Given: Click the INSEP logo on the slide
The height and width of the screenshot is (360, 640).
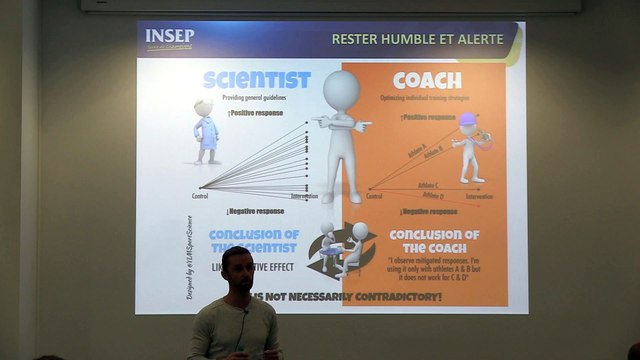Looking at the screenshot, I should (171, 40).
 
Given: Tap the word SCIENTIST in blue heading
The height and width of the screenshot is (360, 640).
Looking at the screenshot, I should (257, 80).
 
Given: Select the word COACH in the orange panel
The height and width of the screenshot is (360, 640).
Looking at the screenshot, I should (427, 80).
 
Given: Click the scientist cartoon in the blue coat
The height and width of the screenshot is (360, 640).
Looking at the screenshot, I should (207, 132).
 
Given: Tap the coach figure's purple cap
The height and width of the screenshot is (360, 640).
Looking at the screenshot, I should (467, 119).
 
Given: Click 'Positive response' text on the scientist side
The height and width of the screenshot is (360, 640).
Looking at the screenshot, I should (257, 113).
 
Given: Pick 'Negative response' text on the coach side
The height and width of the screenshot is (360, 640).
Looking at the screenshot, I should (425, 211).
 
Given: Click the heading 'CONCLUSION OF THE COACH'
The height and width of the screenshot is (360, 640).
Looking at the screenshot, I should (431, 243).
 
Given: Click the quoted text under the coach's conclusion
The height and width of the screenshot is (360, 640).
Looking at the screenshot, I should (431, 272).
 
